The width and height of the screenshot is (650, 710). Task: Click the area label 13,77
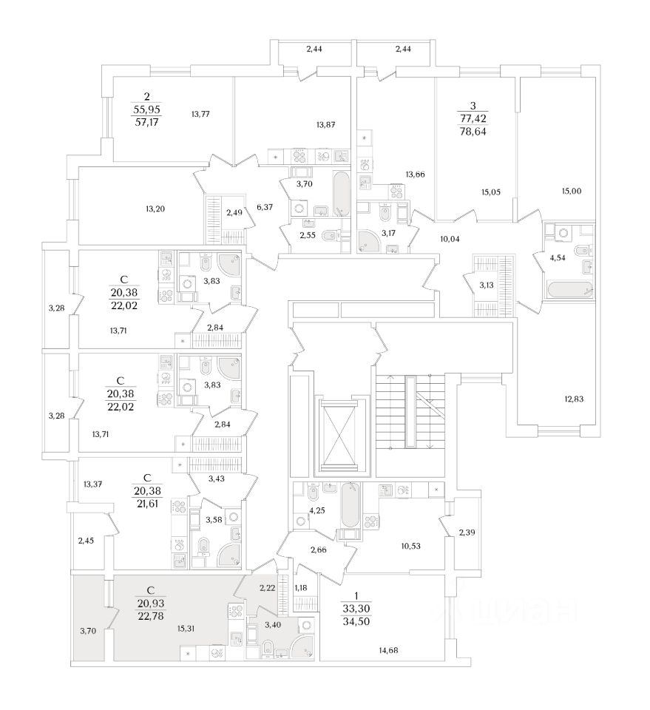(201, 114)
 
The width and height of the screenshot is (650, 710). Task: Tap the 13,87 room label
(326, 125)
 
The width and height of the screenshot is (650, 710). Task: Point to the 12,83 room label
(573, 399)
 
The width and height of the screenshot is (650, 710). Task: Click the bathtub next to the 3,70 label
(341, 194)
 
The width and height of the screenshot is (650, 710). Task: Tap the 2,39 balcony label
(467, 532)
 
